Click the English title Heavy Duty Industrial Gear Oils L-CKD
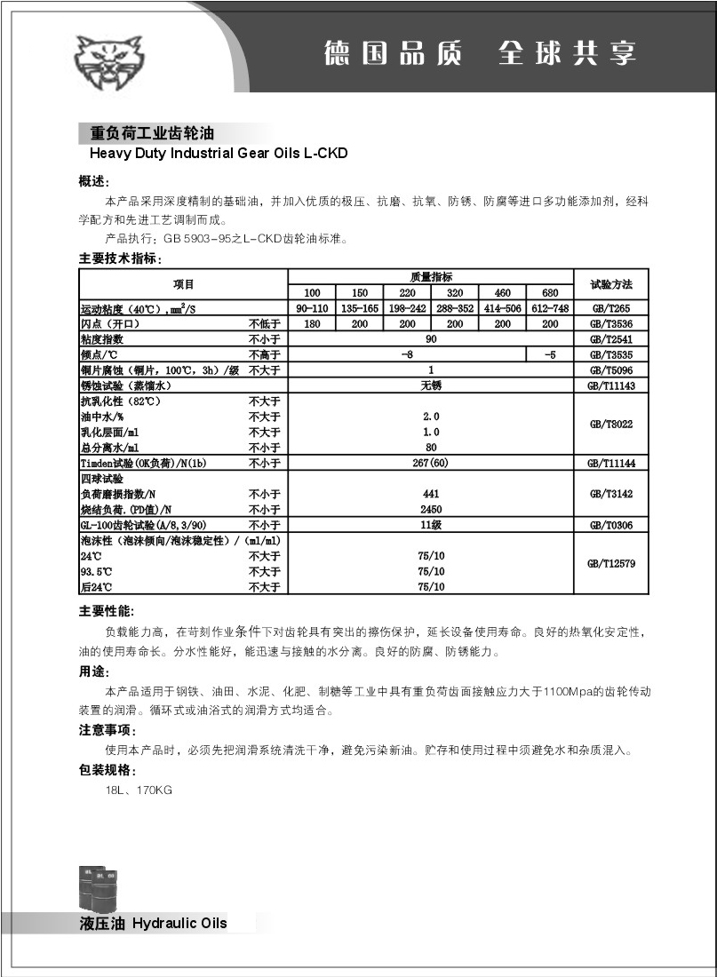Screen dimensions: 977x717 click(x=213, y=153)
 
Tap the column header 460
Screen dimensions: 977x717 click(x=502, y=293)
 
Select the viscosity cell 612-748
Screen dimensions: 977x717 click(x=550, y=308)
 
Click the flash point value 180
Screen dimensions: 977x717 click(x=312, y=324)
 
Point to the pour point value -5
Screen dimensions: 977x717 click(x=550, y=354)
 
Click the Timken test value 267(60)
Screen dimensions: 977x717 click(x=431, y=463)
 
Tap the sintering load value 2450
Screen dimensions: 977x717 click(x=431, y=509)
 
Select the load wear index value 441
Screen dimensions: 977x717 click(x=431, y=493)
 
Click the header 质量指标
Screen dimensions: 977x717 click(x=431, y=277)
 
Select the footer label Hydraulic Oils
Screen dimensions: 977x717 click(x=179, y=923)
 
